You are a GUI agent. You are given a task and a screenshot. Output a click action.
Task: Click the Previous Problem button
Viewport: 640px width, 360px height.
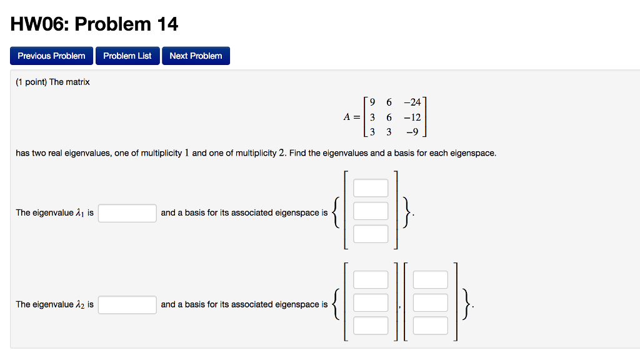pyautogui.click(x=52, y=56)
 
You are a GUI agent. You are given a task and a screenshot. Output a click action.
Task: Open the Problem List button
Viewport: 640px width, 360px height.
pyautogui.click(x=127, y=56)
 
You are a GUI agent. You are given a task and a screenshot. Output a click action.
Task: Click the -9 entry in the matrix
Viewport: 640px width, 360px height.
pyautogui.click(x=414, y=132)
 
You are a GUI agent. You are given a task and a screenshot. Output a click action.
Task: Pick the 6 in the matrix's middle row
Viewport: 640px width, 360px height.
pyautogui.click(x=389, y=117)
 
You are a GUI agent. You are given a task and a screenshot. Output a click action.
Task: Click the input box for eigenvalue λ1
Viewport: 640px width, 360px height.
pyautogui.click(x=127, y=213)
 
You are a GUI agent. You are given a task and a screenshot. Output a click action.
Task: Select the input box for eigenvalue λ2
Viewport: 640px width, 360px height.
pyautogui.click(x=127, y=304)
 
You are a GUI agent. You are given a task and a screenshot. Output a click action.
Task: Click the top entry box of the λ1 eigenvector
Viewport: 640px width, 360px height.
pyautogui.click(x=371, y=188)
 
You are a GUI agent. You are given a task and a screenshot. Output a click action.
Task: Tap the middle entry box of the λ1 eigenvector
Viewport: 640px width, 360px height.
pyautogui.click(x=371, y=211)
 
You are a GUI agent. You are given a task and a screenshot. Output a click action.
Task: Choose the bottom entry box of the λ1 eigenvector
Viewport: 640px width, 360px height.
pyautogui.click(x=371, y=234)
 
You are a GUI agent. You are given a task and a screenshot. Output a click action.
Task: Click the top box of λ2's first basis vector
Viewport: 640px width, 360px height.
pyautogui.click(x=371, y=280)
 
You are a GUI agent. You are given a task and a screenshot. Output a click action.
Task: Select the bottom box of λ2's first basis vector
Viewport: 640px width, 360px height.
pyautogui.click(x=371, y=326)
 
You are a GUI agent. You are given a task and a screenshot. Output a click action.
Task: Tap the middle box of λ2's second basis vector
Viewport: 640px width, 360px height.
pyautogui.click(x=431, y=302)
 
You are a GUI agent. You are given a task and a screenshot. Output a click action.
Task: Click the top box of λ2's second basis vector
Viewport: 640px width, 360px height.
pyautogui.click(x=431, y=280)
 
